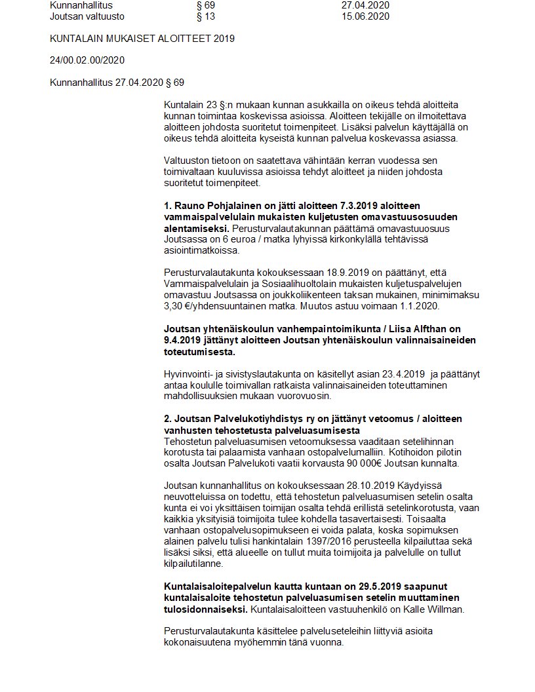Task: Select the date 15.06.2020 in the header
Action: pos(365,16)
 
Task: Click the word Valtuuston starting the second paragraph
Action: pos(190,160)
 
